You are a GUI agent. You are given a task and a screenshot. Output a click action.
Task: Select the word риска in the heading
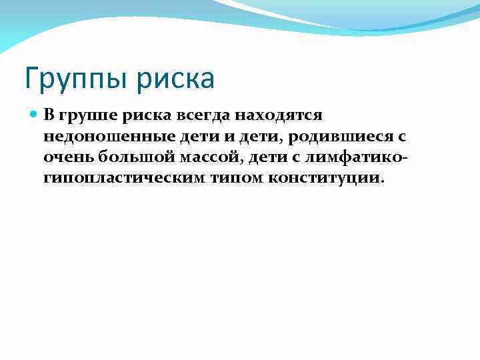point(178,79)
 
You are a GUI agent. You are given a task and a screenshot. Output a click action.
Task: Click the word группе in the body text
point(82,115)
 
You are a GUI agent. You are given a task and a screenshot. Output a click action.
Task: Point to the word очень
point(68,157)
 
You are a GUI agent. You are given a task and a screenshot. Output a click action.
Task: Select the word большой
point(129,157)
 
